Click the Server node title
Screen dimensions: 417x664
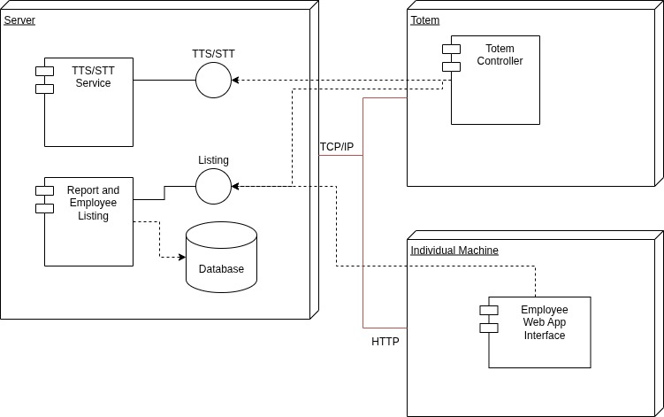click(19, 19)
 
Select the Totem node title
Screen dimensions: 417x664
click(425, 19)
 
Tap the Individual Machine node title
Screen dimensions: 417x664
click(454, 251)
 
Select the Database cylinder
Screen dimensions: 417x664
click(221, 258)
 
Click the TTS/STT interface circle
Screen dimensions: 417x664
click(213, 81)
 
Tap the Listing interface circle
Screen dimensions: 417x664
click(213, 186)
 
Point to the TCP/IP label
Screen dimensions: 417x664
click(337, 147)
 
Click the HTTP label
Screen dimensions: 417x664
click(385, 341)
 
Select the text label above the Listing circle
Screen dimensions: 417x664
click(213, 160)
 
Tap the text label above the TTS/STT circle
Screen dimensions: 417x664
click(213, 54)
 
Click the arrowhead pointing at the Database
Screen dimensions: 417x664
click(182, 257)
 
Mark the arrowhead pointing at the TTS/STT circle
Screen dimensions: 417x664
click(235, 81)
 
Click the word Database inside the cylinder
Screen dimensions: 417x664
click(221, 269)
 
